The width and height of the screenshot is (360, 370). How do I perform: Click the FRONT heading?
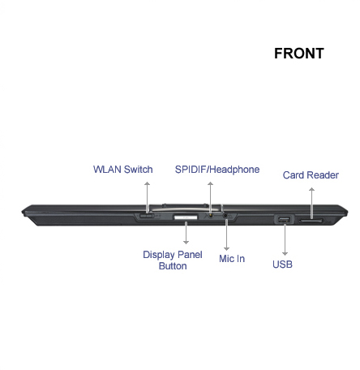click(x=299, y=54)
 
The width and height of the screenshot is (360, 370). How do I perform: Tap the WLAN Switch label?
click(x=123, y=170)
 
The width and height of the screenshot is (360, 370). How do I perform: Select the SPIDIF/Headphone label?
click(x=217, y=170)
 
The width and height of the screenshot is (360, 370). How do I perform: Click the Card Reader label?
click(x=311, y=175)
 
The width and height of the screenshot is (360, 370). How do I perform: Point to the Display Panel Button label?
click(x=173, y=260)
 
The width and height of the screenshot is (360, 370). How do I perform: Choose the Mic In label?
click(x=232, y=259)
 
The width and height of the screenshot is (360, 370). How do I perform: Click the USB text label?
click(x=282, y=265)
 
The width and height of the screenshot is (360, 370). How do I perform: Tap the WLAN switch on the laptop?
click(x=146, y=216)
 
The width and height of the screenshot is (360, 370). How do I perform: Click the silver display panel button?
click(x=186, y=217)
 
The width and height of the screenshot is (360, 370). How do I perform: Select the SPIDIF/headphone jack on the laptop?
click(x=210, y=216)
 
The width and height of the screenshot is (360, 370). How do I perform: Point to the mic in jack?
click(x=226, y=216)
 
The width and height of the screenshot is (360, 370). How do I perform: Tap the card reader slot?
click(x=311, y=221)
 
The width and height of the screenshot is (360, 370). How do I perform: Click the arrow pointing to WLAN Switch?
click(x=147, y=197)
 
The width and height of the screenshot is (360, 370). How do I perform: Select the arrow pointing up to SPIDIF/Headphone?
click(x=210, y=197)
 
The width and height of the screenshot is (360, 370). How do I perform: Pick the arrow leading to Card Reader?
click(x=311, y=203)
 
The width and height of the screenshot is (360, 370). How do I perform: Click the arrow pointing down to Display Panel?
click(x=186, y=233)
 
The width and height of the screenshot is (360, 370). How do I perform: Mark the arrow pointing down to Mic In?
click(x=226, y=234)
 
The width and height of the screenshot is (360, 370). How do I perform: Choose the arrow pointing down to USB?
click(x=285, y=239)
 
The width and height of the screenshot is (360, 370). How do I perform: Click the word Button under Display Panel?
click(x=173, y=266)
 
